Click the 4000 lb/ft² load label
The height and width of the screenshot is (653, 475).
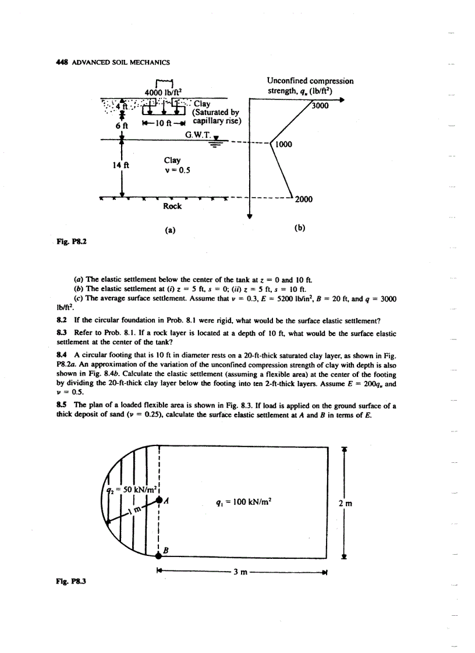pos(161,91)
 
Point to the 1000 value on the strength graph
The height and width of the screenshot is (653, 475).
pos(284,145)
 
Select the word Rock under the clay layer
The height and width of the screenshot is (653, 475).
pos(172,206)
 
